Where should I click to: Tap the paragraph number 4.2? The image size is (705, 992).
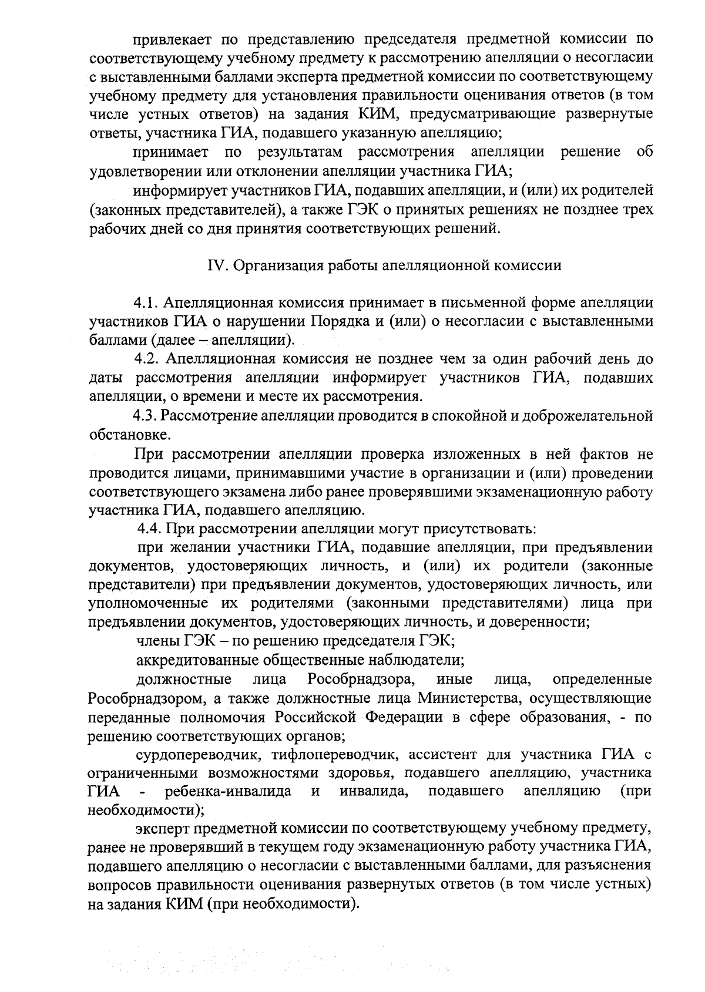coord(147,359)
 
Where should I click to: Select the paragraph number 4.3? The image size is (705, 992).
coord(146,416)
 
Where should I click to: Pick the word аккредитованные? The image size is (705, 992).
coord(194,660)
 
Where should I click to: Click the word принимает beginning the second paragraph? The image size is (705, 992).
coord(170,153)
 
